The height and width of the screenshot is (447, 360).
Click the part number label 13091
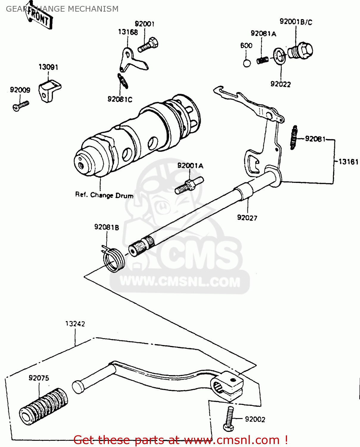tap(48, 67)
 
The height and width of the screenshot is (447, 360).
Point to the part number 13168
tap(128, 32)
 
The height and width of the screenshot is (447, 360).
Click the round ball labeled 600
tap(247, 63)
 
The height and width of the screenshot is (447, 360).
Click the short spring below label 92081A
tap(262, 60)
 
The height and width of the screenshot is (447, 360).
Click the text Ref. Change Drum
tap(104, 195)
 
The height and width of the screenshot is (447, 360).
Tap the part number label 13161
tap(348, 162)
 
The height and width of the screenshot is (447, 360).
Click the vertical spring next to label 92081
tap(294, 137)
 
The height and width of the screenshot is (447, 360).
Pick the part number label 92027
tap(247, 218)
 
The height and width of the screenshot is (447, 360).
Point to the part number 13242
tap(75, 324)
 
